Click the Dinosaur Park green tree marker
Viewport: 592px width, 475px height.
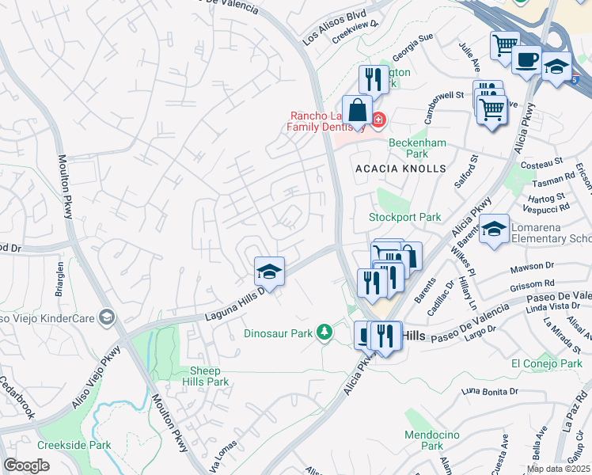324,332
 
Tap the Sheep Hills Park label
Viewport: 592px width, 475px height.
209,376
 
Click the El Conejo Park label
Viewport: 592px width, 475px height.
546,363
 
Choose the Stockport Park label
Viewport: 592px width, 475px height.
404,217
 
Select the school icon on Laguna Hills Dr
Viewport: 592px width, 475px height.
269,272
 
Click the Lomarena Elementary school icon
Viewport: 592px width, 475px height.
494,230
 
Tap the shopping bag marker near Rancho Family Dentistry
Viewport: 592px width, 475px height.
358,111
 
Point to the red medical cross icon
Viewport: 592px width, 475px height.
378,120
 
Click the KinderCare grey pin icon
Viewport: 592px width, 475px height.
107,318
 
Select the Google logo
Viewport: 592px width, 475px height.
26,465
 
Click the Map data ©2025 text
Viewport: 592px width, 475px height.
558,469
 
